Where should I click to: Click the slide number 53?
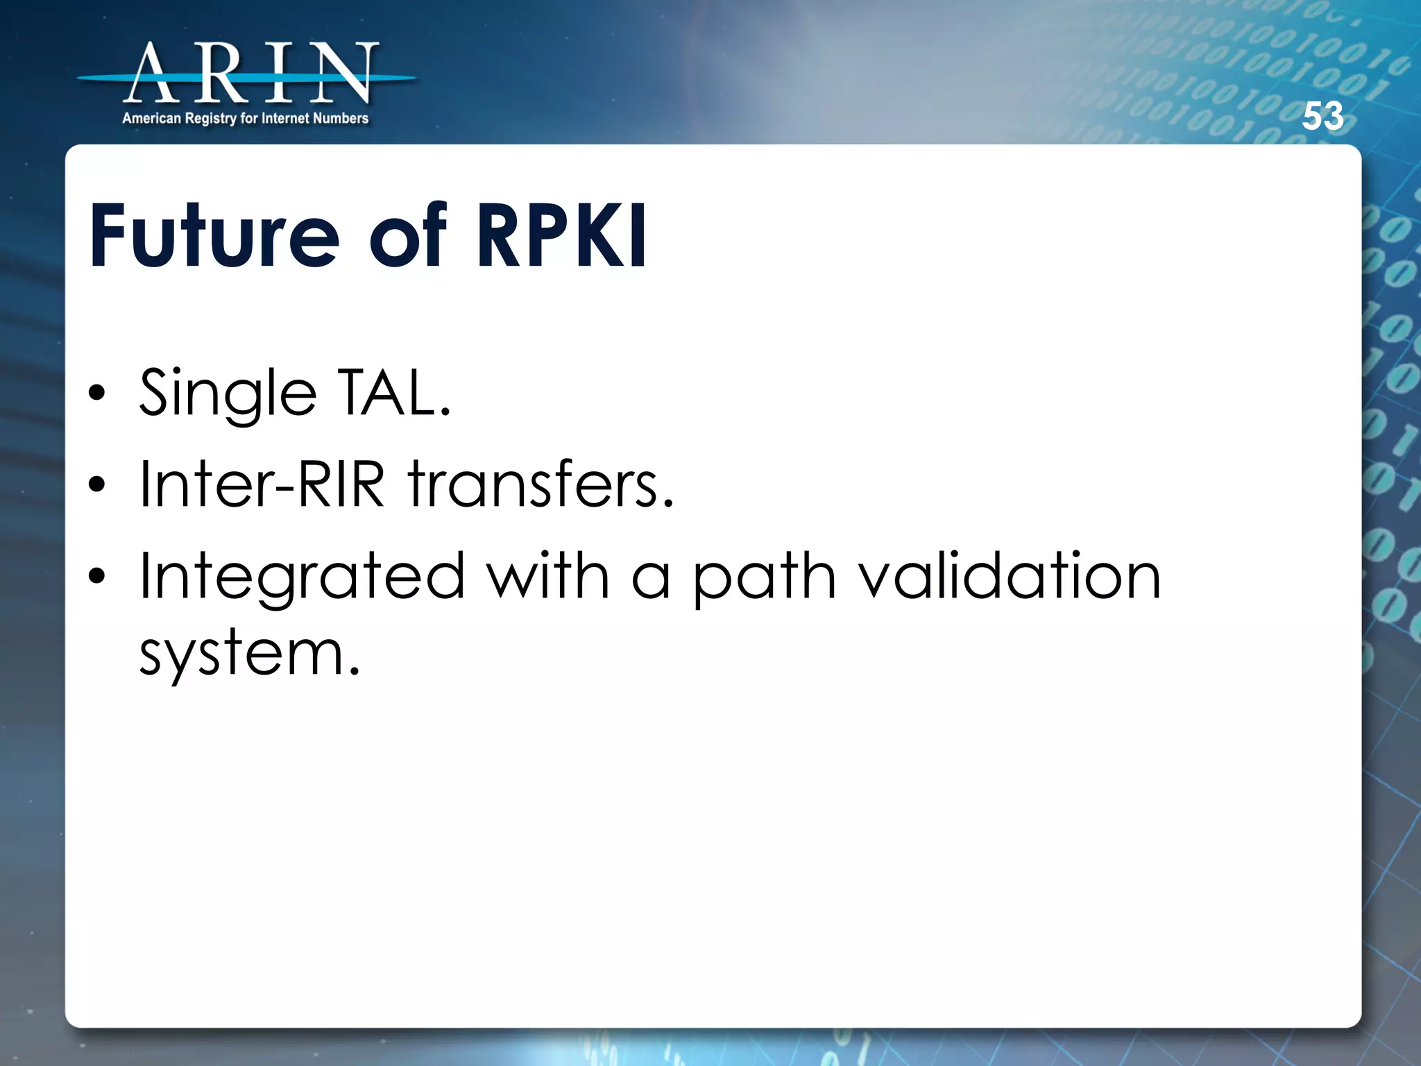(1322, 116)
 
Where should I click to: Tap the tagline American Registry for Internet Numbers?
(245, 119)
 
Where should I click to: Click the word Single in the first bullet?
(228, 394)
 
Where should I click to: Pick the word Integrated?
(302, 577)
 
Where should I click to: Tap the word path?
(764, 577)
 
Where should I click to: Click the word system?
(249, 654)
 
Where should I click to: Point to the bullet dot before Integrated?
(97, 575)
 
